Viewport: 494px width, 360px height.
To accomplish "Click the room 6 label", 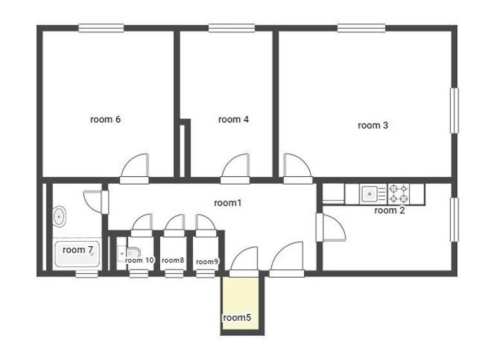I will [x=105, y=120].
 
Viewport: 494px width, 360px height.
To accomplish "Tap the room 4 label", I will [x=233, y=120].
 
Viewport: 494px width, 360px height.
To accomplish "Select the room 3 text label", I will [x=372, y=125].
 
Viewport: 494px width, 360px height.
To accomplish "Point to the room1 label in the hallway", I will [x=227, y=203].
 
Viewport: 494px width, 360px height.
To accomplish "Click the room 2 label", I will [x=389, y=210].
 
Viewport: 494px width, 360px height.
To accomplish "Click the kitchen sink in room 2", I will [x=370, y=192].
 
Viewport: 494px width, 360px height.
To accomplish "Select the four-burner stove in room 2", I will [x=398, y=192].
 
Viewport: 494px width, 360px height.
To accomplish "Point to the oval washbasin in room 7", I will [x=59, y=217].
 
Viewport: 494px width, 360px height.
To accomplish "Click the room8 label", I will [x=173, y=260].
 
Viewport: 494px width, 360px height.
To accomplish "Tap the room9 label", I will [x=206, y=262].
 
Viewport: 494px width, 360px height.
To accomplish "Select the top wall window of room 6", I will [x=101, y=28].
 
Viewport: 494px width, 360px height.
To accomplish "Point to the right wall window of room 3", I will [x=454, y=111].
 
